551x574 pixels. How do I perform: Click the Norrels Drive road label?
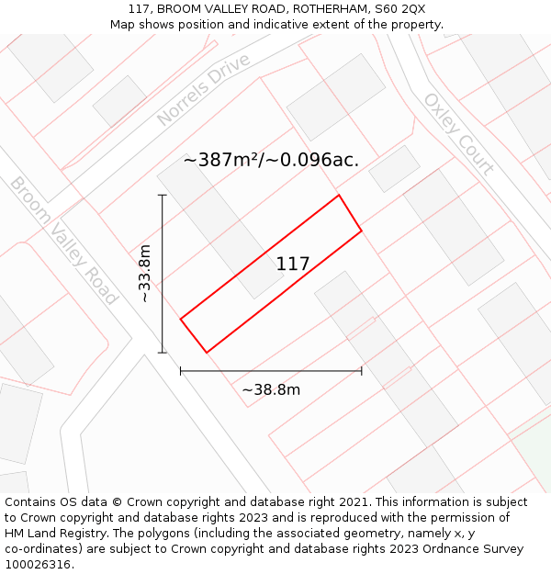[203, 90]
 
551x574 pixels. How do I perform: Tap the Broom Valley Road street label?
[64, 241]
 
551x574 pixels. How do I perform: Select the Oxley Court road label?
[458, 133]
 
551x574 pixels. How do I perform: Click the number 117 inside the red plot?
[293, 264]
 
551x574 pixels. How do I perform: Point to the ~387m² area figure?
[221, 160]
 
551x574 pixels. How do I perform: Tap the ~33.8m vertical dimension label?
[145, 273]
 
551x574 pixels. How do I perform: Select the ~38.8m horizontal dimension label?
[271, 389]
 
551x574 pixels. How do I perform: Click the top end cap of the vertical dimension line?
[163, 195]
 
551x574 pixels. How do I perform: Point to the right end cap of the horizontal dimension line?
[362, 371]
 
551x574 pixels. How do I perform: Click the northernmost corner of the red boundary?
[339, 195]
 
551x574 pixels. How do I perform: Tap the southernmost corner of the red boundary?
[207, 352]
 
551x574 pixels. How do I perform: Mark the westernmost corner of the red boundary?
[181, 319]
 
